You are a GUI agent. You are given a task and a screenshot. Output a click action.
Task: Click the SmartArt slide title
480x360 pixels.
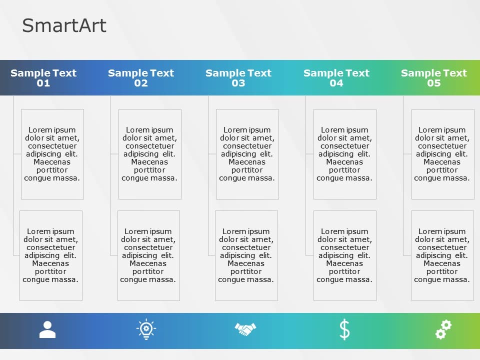coord(64,25)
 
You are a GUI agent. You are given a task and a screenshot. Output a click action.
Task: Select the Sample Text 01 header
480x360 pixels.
coord(43,78)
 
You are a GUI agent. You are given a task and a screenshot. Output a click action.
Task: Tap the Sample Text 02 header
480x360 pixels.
coord(141,78)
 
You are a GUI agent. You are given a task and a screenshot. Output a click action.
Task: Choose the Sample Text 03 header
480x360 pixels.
coord(238,78)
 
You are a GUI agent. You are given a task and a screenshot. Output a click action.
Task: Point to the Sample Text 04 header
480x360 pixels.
coord(336,78)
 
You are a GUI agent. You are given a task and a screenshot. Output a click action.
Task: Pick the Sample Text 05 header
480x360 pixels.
coord(433,78)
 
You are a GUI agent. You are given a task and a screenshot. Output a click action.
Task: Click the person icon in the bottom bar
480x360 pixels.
coord(47,330)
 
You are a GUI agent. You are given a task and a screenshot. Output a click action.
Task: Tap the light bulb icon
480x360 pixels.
coord(146,330)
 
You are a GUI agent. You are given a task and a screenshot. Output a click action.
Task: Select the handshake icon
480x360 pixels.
coord(245,329)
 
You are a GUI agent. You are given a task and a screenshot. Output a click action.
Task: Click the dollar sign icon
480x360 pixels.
coord(344,330)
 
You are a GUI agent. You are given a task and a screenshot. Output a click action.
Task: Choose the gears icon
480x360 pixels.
coord(443,330)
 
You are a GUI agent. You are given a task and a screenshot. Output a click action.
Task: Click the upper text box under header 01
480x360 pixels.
coord(52,154)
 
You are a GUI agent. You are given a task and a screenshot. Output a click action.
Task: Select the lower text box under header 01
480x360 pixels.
coord(51,255)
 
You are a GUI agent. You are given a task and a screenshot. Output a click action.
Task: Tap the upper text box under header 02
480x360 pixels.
coord(150,154)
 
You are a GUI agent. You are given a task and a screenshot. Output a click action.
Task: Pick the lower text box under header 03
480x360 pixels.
coord(246,255)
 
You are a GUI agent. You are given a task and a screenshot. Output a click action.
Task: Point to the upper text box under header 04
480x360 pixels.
coord(345,154)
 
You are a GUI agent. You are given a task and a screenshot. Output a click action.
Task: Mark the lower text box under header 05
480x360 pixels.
coord(442,255)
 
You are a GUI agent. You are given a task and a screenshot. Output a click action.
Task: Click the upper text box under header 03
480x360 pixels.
coord(247,154)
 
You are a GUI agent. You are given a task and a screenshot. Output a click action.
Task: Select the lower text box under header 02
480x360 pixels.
coord(148,255)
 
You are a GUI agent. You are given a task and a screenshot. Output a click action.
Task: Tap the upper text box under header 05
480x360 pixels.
coord(442,154)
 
